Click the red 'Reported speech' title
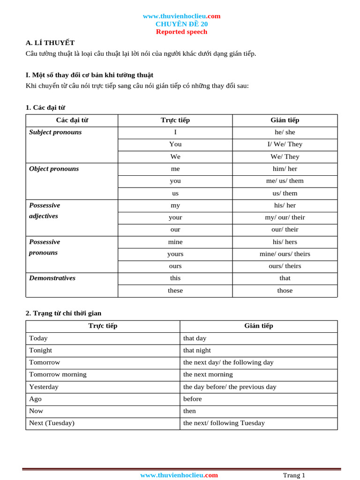(181, 32)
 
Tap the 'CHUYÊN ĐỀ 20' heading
(181, 24)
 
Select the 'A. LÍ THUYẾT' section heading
(50, 43)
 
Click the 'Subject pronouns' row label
(55, 132)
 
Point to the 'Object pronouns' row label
(54, 169)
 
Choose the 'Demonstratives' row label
(52, 278)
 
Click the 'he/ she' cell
(285, 132)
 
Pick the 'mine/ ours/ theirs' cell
(285, 254)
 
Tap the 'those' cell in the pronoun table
(285, 291)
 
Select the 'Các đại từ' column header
(72, 120)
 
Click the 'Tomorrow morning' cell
(58, 374)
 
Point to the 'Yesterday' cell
(44, 387)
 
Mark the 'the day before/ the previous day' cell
(230, 387)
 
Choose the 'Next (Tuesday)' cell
(52, 423)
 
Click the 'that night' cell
(197, 350)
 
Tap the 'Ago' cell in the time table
(35, 399)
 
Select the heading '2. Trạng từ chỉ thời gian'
(63, 313)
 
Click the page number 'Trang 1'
(294, 475)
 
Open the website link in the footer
(179, 475)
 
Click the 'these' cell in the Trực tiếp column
(175, 291)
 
